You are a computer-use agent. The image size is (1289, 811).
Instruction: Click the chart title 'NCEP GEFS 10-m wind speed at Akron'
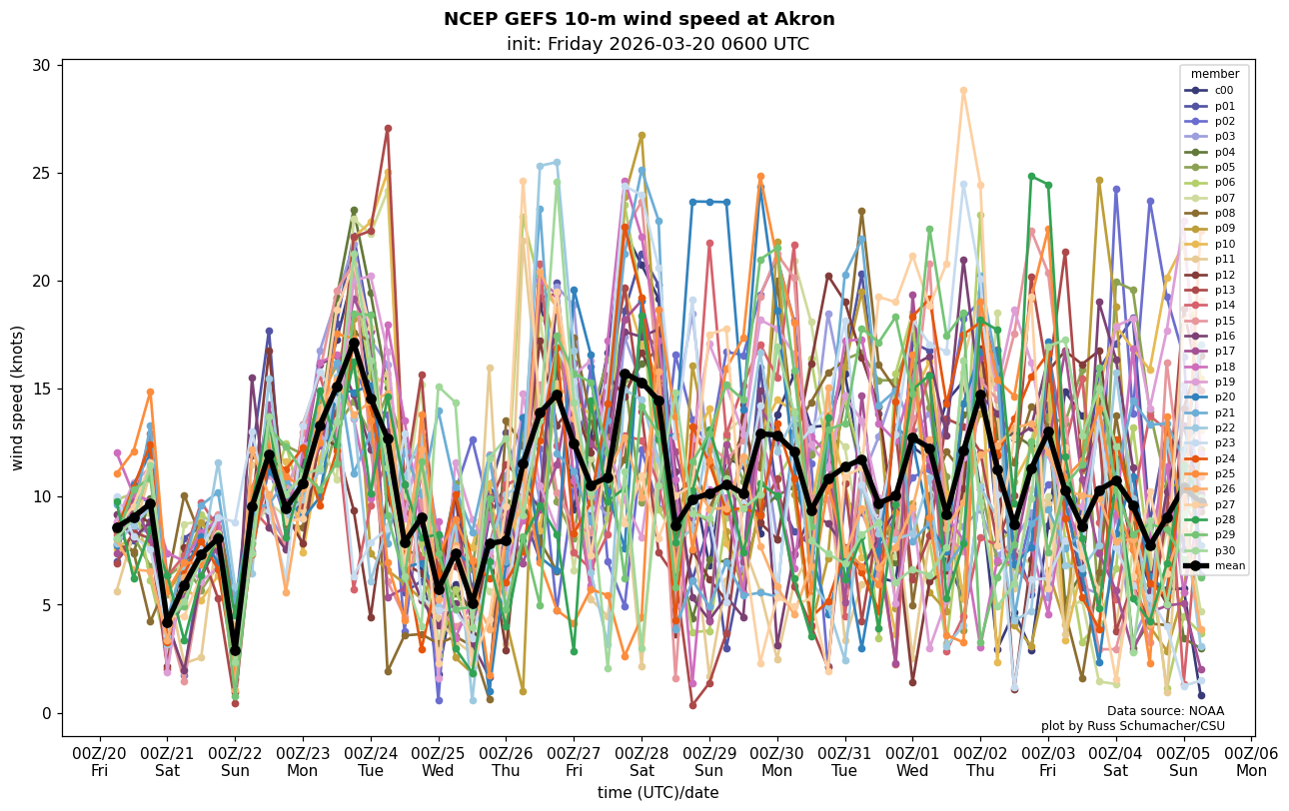tap(639, 19)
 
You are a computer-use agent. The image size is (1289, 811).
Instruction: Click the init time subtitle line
tap(657, 44)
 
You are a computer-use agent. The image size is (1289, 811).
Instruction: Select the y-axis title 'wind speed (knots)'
tap(17, 398)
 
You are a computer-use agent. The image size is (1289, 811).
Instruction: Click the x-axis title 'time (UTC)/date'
tap(657, 792)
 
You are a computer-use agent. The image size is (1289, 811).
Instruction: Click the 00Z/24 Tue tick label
tap(371, 761)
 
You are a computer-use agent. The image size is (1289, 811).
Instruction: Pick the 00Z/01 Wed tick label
tap(912, 761)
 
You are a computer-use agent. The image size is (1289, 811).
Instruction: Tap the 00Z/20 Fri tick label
tap(100, 761)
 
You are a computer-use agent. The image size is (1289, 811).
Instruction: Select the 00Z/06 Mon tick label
tap(1251, 761)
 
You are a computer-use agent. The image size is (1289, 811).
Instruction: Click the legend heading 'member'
tap(1214, 74)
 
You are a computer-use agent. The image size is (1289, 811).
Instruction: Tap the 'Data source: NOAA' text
tap(1165, 711)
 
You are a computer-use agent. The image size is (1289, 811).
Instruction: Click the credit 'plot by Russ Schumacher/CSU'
tap(1132, 726)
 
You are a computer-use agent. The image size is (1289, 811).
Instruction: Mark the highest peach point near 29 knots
tap(963, 90)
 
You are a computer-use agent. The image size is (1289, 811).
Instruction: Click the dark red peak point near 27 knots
tap(388, 128)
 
